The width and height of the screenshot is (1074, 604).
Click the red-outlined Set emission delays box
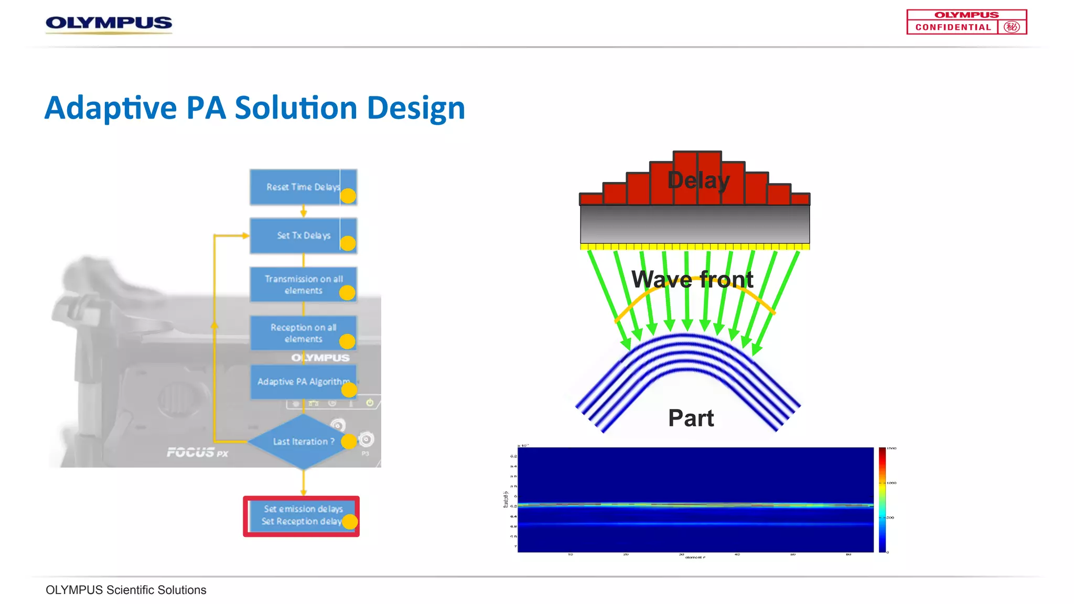pyautogui.click(x=301, y=516)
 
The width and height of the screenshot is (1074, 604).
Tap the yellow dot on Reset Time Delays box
pyautogui.click(x=348, y=196)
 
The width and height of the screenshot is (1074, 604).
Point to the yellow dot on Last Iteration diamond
pyautogui.click(x=349, y=441)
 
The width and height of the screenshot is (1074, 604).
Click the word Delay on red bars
pyautogui.click(x=698, y=180)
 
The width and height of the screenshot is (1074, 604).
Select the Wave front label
pyautogui.click(x=692, y=279)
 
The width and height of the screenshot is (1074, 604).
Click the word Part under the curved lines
pyautogui.click(x=691, y=418)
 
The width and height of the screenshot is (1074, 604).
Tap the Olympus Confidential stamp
pyautogui.click(x=966, y=22)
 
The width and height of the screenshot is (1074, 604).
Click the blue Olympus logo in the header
pyautogui.click(x=109, y=23)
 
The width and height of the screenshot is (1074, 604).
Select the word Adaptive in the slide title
pyautogui.click(x=111, y=108)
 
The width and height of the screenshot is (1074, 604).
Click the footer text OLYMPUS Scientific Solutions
pyautogui.click(x=126, y=590)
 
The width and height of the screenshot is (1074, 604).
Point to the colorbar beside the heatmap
pyautogui.click(x=882, y=499)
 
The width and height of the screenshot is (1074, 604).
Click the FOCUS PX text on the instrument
pyautogui.click(x=197, y=452)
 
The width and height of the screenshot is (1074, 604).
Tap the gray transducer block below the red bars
pyautogui.click(x=694, y=224)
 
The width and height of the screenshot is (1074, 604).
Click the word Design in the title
pyautogui.click(x=416, y=108)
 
